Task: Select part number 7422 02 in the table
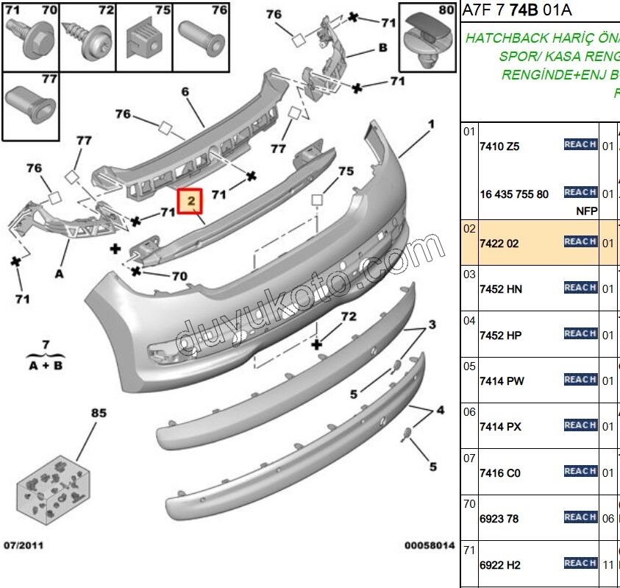tap(499, 243)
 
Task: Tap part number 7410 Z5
tap(499, 146)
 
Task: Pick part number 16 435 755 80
tap(514, 194)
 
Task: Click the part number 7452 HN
tap(501, 289)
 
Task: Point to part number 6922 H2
tap(500, 565)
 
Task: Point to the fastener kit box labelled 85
tap(55, 479)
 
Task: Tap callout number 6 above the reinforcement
tap(185, 91)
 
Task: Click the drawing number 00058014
tap(430, 545)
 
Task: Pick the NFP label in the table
tap(586, 211)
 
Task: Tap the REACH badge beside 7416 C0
tap(580, 471)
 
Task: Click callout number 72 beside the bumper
tap(348, 316)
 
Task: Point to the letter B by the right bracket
tap(382, 48)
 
